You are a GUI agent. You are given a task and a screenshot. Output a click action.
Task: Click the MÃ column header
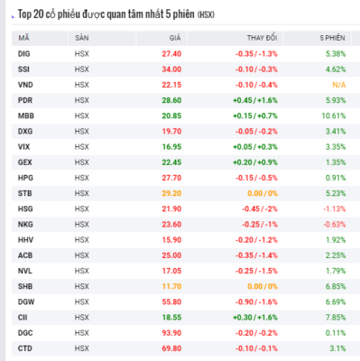click(23, 38)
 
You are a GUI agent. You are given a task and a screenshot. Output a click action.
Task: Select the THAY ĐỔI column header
click(262, 38)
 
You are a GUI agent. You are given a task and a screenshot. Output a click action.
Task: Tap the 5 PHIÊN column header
click(332, 38)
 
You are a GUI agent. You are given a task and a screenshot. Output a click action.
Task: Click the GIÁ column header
click(175, 38)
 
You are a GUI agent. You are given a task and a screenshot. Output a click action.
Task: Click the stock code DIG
click(24, 54)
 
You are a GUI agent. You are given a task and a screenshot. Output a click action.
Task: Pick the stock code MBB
click(26, 116)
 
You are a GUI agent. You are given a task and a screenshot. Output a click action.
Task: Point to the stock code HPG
click(25, 178)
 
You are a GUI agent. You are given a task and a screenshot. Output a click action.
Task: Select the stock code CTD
click(25, 348)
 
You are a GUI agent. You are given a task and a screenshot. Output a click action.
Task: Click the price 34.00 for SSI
click(171, 69)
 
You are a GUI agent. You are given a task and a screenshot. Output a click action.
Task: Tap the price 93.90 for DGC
click(171, 333)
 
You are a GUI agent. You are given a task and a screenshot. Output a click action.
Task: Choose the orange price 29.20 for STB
click(171, 193)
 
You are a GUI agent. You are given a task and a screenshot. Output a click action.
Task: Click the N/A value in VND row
click(339, 85)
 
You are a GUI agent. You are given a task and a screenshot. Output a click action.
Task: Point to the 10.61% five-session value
click(334, 116)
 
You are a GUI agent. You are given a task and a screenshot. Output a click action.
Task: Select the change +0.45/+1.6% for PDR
click(255, 100)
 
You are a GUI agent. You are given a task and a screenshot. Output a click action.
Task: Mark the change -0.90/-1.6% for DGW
click(256, 302)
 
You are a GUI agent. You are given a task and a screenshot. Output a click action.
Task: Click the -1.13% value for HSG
click(335, 208)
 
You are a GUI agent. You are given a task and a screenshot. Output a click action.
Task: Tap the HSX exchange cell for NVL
click(82, 271)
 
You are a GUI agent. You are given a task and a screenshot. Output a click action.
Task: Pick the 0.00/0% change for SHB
click(263, 286)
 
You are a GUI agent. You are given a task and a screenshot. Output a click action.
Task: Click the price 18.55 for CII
click(171, 318)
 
